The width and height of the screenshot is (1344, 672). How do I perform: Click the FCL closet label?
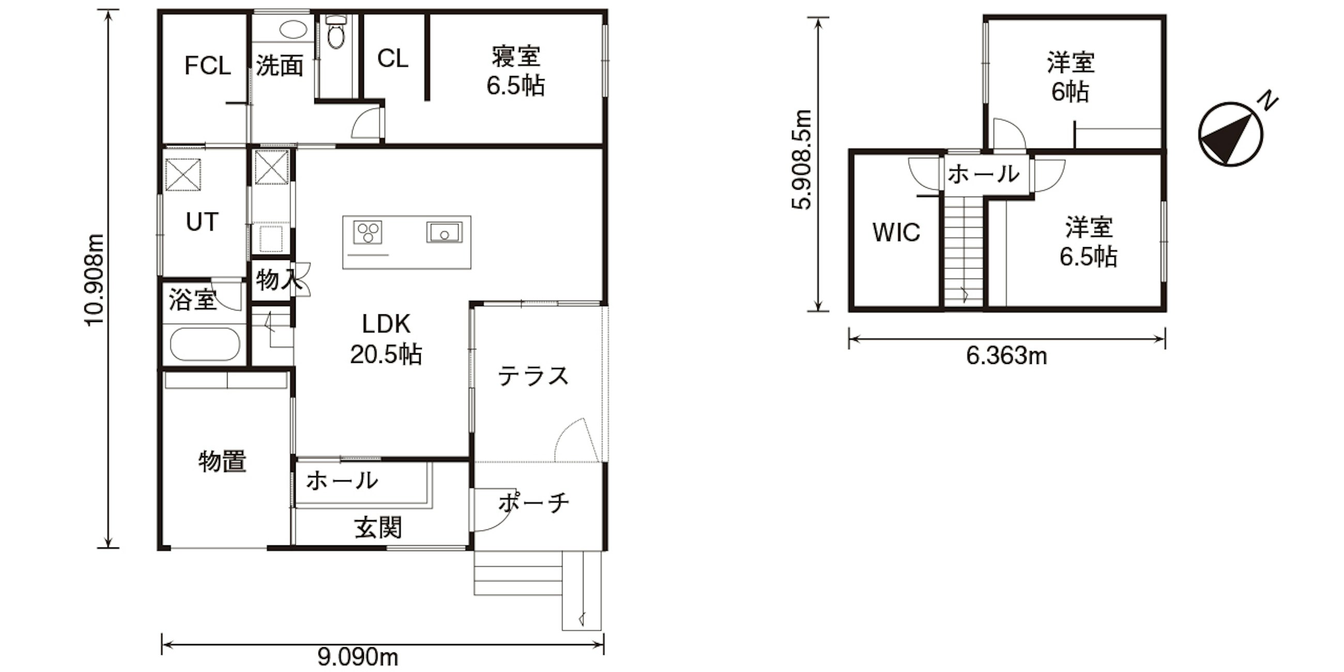pos(208,66)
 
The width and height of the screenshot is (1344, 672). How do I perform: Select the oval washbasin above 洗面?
pos(293,29)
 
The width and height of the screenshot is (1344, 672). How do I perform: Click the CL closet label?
pos(393,58)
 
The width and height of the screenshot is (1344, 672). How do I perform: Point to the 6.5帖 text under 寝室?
pos(515,86)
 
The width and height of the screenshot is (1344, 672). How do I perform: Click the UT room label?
pos(202,222)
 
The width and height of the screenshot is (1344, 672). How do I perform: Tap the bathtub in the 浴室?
pos(205,344)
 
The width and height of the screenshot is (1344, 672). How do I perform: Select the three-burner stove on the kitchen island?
pos(368,232)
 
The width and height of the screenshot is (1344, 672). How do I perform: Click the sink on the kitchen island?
pos(444,232)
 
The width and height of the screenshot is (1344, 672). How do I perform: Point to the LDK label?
pos(386,324)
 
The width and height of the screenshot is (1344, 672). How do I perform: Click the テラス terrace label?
pos(533,376)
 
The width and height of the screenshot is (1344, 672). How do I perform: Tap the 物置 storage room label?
pos(222,462)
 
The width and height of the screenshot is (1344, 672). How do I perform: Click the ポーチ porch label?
pos(533,503)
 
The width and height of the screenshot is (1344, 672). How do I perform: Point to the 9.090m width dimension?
pos(358,656)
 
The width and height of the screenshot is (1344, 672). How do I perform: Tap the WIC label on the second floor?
pos(896,232)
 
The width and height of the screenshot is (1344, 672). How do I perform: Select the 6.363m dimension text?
pos(1006,356)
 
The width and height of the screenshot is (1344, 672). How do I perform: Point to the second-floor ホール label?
pos(983,174)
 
